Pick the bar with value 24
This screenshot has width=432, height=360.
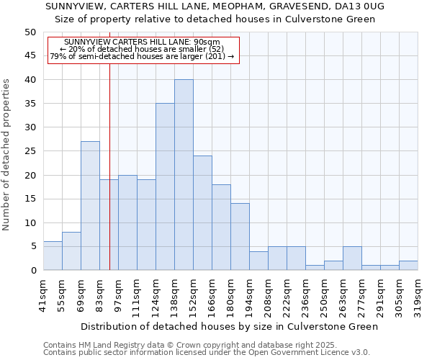pyautogui.click(x=202, y=213)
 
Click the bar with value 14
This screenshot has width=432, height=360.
pyautogui.click(x=240, y=237)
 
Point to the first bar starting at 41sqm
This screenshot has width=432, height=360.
pyautogui.click(x=53, y=256)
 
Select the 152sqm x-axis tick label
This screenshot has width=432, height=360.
pyautogui.click(x=193, y=295)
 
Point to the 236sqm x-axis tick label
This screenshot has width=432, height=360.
pyautogui.click(x=305, y=295)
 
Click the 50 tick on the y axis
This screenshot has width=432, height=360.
pyautogui.click(x=30, y=32)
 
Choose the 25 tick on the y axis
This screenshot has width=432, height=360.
pyautogui.click(x=30, y=151)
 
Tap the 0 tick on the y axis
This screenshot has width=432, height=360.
pyautogui.click(x=32, y=271)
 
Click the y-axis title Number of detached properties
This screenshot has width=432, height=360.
pyautogui.click(x=8, y=155)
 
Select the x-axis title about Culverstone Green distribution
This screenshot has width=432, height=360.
pyautogui.click(x=229, y=326)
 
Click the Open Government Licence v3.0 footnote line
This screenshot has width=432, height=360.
pyautogui.click(x=207, y=352)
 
